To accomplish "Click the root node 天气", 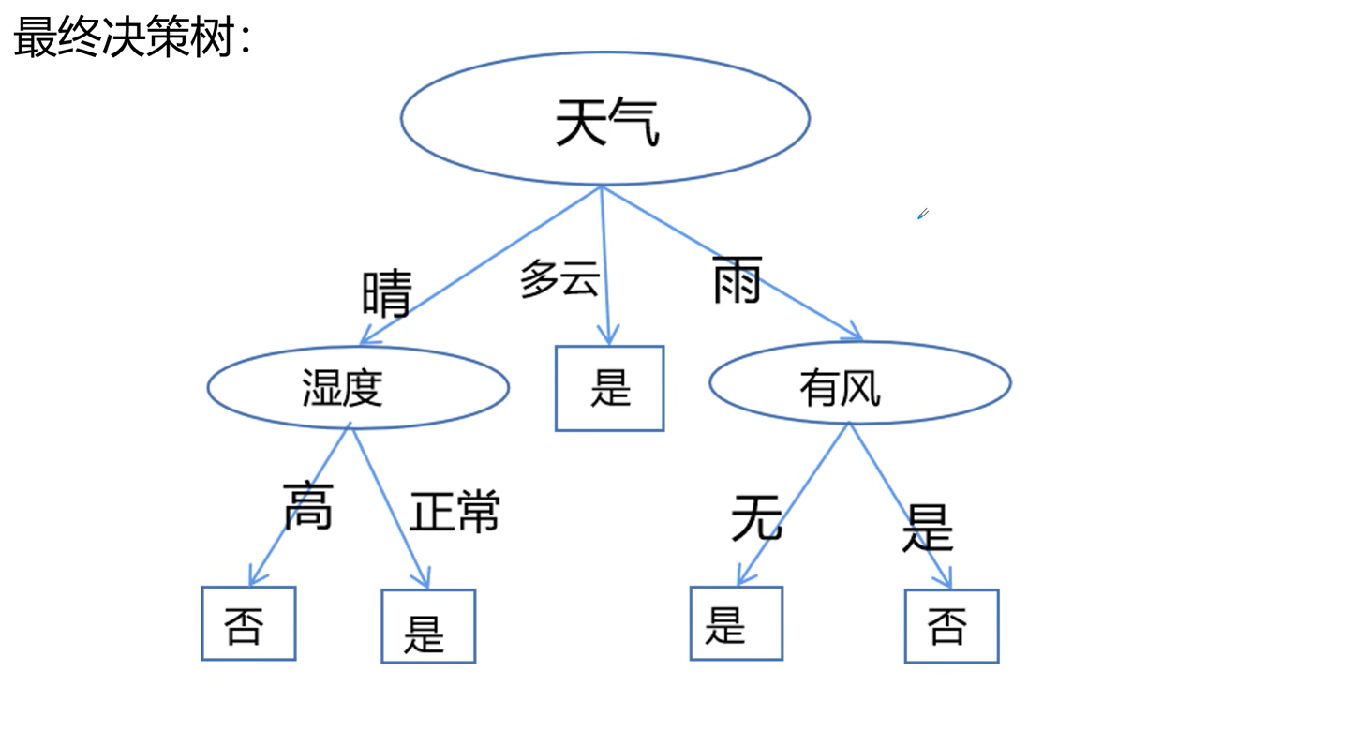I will pyautogui.click(x=605, y=119).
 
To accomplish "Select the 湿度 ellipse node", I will pyautogui.click(x=357, y=387).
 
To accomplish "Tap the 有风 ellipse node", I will pyautogui.click(x=859, y=383).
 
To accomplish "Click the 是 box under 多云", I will pyautogui.click(x=609, y=388).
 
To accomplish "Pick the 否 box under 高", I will pyautogui.click(x=248, y=624).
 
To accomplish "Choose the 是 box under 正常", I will pyautogui.click(x=428, y=626).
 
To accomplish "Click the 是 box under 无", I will pyautogui.click(x=736, y=623).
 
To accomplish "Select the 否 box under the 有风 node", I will pyautogui.click(x=951, y=626).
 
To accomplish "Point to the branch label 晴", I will pyautogui.click(x=386, y=292).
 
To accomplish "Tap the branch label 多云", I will pyautogui.click(x=559, y=279).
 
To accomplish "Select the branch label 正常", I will pyautogui.click(x=455, y=511).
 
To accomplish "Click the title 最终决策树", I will pyautogui.click(x=132, y=38).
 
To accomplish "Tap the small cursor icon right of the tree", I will pyautogui.click(x=922, y=215).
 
